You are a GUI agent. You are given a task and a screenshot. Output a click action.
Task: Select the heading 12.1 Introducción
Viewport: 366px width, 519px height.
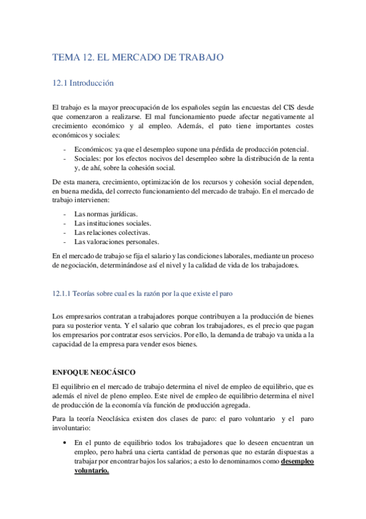pos(83,83)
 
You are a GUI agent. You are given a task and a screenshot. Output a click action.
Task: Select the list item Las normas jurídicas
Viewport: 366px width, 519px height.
pos(106,214)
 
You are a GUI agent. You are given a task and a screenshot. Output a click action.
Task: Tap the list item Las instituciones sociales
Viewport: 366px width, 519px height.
pos(112,223)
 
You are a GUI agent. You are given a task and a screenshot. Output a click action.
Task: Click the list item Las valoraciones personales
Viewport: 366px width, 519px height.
pos(116,242)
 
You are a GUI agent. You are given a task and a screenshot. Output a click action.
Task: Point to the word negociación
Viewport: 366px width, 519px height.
pos(75,265)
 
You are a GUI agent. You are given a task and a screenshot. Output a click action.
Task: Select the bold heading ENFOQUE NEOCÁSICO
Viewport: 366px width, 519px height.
pos(94,372)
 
